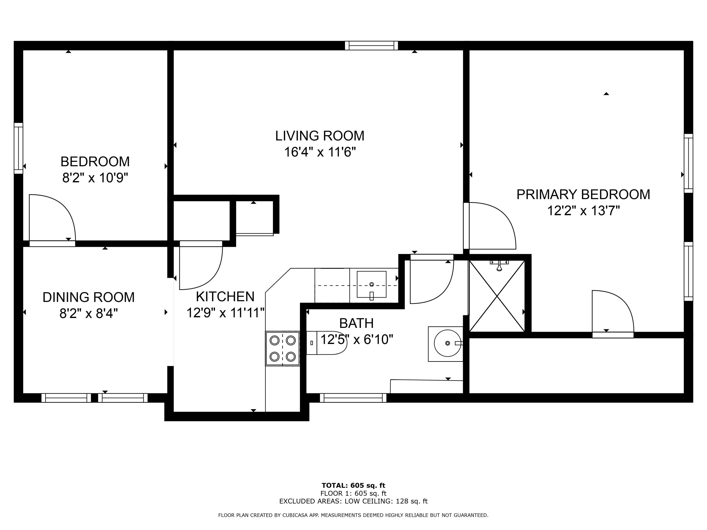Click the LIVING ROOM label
(320, 136)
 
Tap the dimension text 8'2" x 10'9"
(95, 178)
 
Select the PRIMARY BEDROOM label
(583, 195)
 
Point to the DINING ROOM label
(89, 298)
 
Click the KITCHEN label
(225, 297)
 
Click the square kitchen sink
(371, 284)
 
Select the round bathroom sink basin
(448, 343)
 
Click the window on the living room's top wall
(371, 46)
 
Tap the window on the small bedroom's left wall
(19, 148)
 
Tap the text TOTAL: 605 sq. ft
(353, 485)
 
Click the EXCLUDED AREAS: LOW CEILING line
(353, 501)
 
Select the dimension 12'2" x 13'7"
(584, 211)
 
